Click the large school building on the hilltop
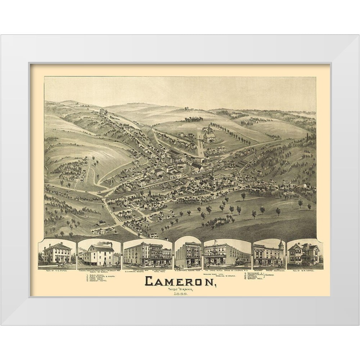(209, 136)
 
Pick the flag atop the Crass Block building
(216, 241)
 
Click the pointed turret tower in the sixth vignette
(281, 245)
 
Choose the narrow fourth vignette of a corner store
(188, 254)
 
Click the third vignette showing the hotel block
(148, 254)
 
